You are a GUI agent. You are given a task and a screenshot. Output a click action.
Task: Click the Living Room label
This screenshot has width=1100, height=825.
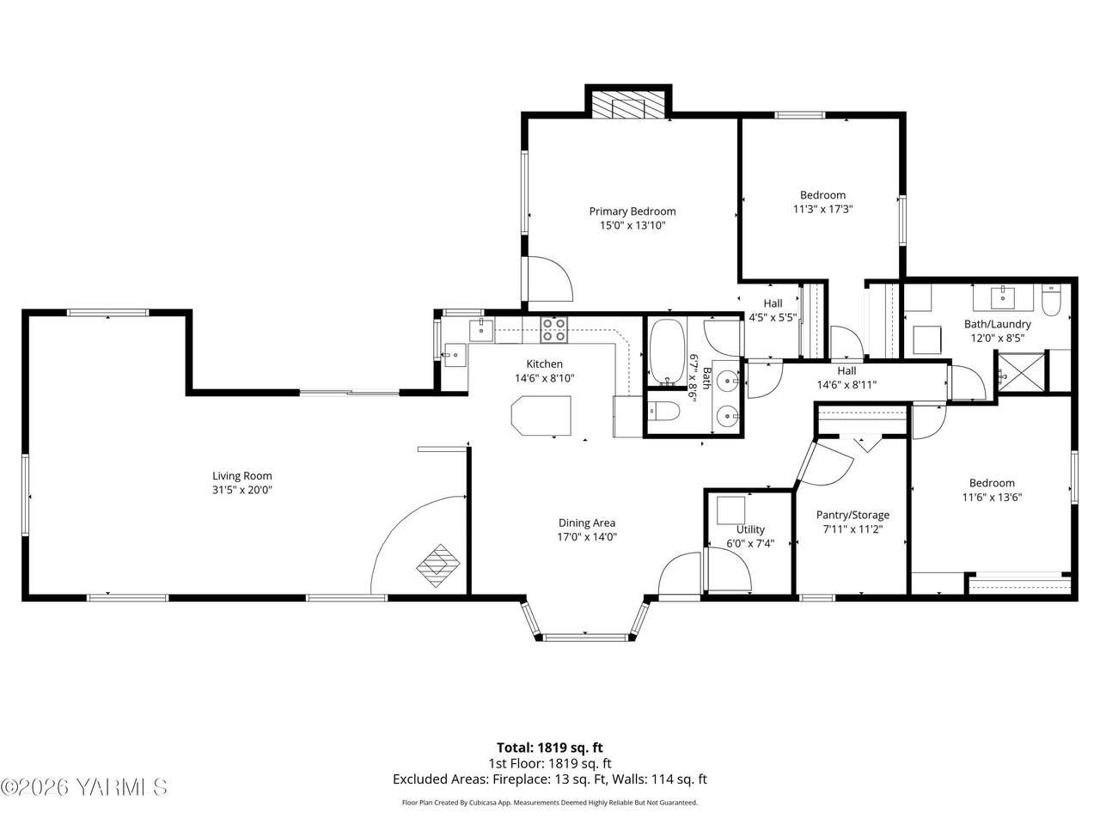tap(242, 476)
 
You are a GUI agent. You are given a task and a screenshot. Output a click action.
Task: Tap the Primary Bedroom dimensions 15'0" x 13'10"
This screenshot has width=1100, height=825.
tap(632, 225)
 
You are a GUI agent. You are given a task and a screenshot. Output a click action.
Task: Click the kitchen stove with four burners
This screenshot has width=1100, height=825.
tap(554, 330)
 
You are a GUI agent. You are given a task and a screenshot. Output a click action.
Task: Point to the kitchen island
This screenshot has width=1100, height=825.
tap(541, 416)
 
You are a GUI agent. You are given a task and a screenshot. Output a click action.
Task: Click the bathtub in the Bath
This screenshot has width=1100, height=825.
tap(667, 351)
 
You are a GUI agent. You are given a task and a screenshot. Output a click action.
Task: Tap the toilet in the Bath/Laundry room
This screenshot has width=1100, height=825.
tap(1051, 300)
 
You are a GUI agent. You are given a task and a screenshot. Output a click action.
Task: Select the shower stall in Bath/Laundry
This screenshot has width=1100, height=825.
tap(1020, 372)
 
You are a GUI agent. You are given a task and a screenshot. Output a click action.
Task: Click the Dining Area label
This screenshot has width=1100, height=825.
tap(587, 523)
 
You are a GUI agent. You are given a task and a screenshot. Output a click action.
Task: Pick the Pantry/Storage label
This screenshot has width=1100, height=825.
tap(853, 515)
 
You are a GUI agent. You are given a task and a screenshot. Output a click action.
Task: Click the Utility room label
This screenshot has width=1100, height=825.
tap(750, 529)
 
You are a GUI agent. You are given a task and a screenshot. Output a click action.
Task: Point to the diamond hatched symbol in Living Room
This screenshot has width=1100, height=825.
tap(438, 565)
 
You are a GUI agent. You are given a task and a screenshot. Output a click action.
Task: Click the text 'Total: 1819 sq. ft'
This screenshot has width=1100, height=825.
tap(550, 748)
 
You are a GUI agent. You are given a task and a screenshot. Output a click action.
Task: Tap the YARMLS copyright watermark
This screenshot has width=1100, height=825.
tap(83, 788)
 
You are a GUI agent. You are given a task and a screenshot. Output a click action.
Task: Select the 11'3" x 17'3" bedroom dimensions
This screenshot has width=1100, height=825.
tap(822, 209)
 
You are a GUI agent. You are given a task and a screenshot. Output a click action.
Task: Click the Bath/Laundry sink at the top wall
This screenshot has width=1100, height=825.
tap(1003, 297)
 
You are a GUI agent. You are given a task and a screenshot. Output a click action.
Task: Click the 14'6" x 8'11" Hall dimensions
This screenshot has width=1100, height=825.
tap(846, 385)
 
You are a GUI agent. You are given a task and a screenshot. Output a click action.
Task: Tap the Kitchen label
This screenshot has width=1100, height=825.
tap(544, 364)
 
